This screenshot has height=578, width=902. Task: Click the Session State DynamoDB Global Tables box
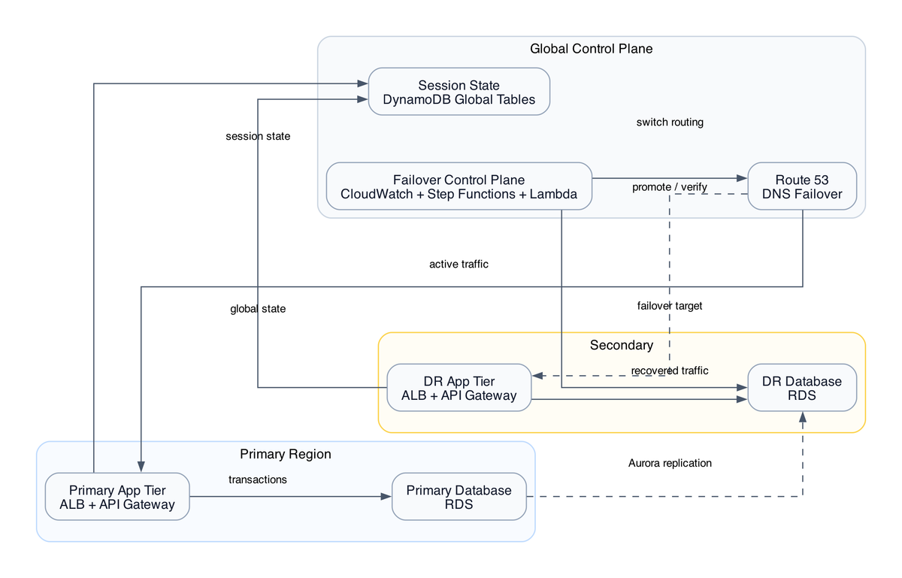(459, 92)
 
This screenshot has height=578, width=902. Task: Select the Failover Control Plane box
(459, 186)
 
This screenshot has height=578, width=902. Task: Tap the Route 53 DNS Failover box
(802, 186)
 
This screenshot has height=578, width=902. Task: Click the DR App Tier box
(459, 388)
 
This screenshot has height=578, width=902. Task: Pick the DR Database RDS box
(802, 388)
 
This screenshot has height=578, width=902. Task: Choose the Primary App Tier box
(117, 497)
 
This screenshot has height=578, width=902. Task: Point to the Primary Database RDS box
(459, 497)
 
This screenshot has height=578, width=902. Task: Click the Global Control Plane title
(591, 49)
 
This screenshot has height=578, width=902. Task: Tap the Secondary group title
(621, 345)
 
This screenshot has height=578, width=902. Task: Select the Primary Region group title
(285, 454)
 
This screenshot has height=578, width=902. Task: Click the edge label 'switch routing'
(669, 123)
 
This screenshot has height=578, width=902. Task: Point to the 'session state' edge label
(258, 136)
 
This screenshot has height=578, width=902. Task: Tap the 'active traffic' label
(459, 264)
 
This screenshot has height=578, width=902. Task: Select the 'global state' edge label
(258, 309)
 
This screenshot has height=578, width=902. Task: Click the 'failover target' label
(669, 306)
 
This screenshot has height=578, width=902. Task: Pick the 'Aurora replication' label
(669, 463)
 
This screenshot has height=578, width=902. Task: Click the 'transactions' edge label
(257, 480)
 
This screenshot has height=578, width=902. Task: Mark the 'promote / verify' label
(669, 186)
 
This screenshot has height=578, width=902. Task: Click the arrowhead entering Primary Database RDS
(386, 497)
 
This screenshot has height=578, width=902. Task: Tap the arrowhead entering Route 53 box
(742, 178)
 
